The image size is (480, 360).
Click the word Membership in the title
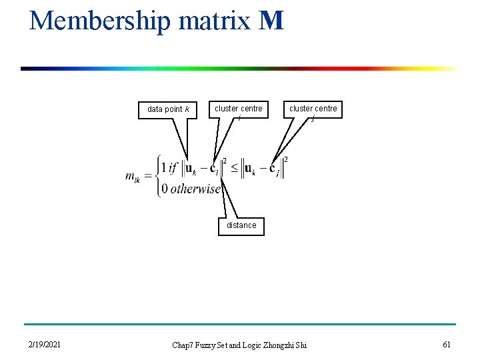(101, 21)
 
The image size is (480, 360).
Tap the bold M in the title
(273, 21)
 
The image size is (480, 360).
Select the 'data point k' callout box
(168, 109)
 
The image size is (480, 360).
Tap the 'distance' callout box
(241, 225)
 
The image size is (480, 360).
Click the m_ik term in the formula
(133, 177)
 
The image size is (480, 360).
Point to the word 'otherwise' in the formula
(195, 189)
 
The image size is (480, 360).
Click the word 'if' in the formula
(175, 167)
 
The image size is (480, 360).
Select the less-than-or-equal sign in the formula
(235, 167)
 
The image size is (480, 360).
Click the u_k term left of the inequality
(190, 169)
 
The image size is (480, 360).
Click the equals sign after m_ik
(148, 175)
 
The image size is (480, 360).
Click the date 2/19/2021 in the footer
(45, 345)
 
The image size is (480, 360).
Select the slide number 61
(446, 344)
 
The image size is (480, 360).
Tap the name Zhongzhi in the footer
(280, 345)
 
